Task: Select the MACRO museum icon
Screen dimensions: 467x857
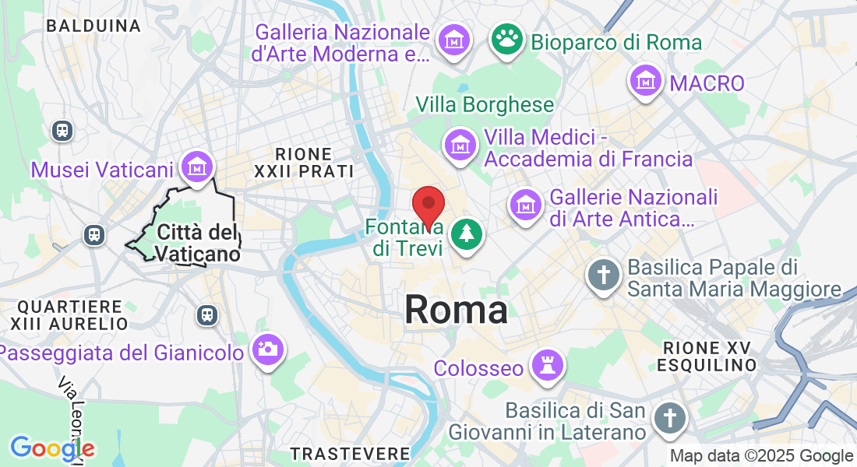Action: (x=647, y=81)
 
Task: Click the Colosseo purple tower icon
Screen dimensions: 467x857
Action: (x=545, y=364)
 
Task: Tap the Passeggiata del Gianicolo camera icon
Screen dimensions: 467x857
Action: (x=267, y=349)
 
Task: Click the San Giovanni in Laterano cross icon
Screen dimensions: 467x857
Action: (x=668, y=416)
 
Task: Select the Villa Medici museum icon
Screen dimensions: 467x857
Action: (x=460, y=145)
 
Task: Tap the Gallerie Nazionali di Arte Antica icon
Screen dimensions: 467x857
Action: (x=526, y=205)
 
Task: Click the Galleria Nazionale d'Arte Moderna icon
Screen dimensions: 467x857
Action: (x=453, y=39)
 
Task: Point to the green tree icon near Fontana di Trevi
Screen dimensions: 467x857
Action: (x=467, y=233)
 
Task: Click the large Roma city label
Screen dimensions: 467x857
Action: (x=456, y=310)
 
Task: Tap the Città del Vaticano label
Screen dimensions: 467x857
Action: (x=196, y=243)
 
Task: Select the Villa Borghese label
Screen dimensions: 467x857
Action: (x=485, y=104)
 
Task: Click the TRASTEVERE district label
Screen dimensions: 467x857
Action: (x=350, y=453)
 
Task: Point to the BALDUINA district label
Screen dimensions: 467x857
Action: (x=93, y=26)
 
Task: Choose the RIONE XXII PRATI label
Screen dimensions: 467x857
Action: (x=304, y=163)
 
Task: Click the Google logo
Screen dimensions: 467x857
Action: (x=52, y=448)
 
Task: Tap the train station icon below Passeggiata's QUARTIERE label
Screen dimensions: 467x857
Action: (x=207, y=314)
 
